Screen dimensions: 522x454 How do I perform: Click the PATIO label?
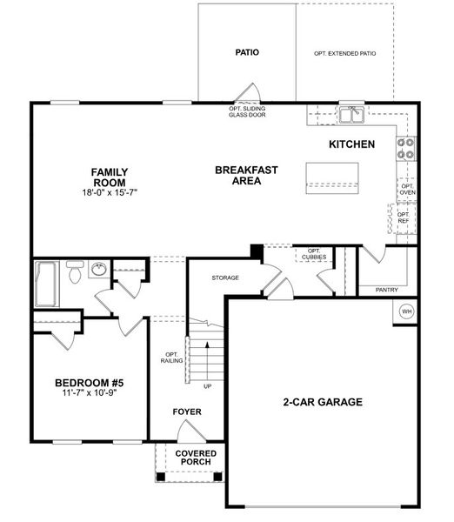(x=247, y=52)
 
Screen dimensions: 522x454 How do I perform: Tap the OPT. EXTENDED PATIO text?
(x=345, y=54)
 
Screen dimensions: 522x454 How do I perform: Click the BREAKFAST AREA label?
(x=246, y=175)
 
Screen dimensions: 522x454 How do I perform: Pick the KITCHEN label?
(x=351, y=144)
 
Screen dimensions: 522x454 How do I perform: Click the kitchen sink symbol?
(x=351, y=115)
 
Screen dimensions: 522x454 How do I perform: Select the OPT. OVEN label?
(x=407, y=189)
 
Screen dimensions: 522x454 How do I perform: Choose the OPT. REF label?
(x=404, y=217)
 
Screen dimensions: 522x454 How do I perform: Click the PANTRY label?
(x=387, y=289)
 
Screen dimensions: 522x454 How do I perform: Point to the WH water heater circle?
(x=406, y=311)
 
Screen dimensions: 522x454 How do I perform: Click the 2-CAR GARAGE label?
(x=322, y=402)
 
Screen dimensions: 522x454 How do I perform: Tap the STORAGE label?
(x=224, y=278)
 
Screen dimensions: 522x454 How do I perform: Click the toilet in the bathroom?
(x=75, y=273)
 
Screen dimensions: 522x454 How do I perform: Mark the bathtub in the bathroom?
(x=46, y=283)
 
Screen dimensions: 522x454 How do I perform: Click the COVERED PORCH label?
(x=196, y=458)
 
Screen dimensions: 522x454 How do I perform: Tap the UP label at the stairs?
(x=206, y=385)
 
